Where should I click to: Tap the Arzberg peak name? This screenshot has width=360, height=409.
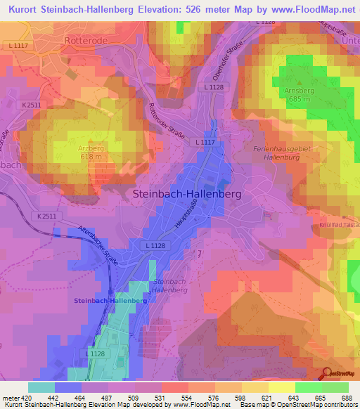(x=91, y=148)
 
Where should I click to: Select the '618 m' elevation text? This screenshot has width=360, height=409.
(x=91, y=157)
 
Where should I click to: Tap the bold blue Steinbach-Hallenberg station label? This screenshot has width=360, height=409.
(x=110, y=300)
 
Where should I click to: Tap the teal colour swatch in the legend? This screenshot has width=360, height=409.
(x=41, y=387)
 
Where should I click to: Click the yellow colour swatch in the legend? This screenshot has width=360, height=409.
(x=281, y=387)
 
